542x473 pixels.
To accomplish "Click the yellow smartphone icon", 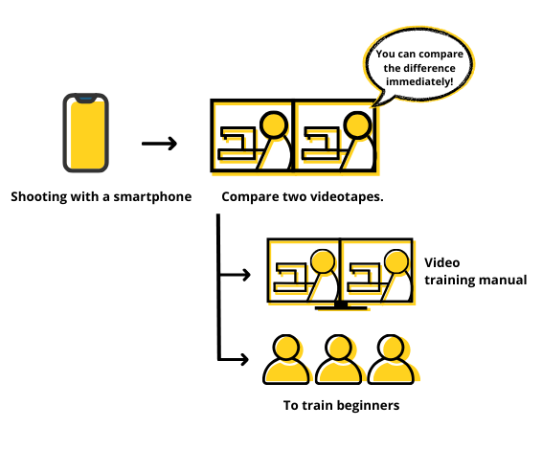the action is pos(86,133).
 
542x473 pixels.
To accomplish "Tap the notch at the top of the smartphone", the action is pos(86,100).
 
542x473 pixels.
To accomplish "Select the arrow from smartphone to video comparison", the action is pos(159,144).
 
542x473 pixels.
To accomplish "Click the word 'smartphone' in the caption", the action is pos(152,197).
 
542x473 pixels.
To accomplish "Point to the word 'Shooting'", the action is pos(39,197).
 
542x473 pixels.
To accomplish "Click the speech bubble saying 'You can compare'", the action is pos(419,66).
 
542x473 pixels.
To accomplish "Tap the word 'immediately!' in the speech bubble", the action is pos(419,82).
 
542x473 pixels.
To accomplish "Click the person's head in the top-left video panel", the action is pos(274,124).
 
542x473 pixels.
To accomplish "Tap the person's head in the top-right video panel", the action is pos(357,124).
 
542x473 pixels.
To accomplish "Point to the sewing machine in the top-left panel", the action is pos(237,144).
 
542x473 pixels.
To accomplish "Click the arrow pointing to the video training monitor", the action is pos(235,275).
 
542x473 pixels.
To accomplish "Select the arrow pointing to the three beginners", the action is pos(234,360).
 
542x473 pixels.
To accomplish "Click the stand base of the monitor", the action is pos(341,307).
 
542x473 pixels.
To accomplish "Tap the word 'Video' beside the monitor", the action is pos(442,263).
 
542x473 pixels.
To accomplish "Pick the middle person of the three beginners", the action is pos(339,360).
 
